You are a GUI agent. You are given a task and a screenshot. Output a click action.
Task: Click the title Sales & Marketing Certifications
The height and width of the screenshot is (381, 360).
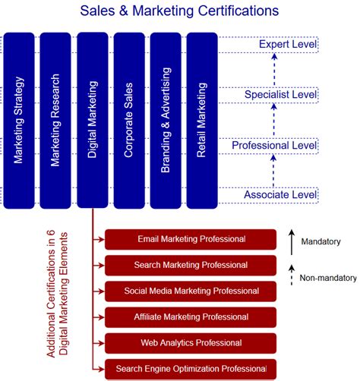[179, 11]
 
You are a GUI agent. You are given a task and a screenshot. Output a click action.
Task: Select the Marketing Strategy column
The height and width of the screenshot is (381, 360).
[19, 120]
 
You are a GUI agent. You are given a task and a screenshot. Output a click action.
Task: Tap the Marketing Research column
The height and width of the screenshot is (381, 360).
[55, 120]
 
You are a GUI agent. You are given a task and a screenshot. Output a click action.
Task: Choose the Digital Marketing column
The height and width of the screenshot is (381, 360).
[92, 120]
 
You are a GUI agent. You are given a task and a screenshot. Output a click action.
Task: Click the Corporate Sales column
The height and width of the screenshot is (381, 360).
[128, 120]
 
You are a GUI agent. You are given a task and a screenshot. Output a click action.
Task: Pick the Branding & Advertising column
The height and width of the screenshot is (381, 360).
[165, 120]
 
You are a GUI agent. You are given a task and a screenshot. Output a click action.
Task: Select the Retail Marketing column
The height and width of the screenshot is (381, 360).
[201, 120]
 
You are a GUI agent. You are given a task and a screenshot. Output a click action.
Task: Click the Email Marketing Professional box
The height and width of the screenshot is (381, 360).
[191, 239]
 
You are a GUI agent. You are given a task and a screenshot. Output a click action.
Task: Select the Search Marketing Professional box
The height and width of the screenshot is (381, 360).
[191, 265]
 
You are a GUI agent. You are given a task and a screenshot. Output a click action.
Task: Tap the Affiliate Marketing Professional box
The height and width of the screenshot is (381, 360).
[191, 316]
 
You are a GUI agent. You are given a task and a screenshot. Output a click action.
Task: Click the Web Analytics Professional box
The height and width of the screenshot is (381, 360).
[191, 342]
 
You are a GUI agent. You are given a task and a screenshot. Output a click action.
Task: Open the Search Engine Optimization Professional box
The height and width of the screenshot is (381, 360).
[191, 368]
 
